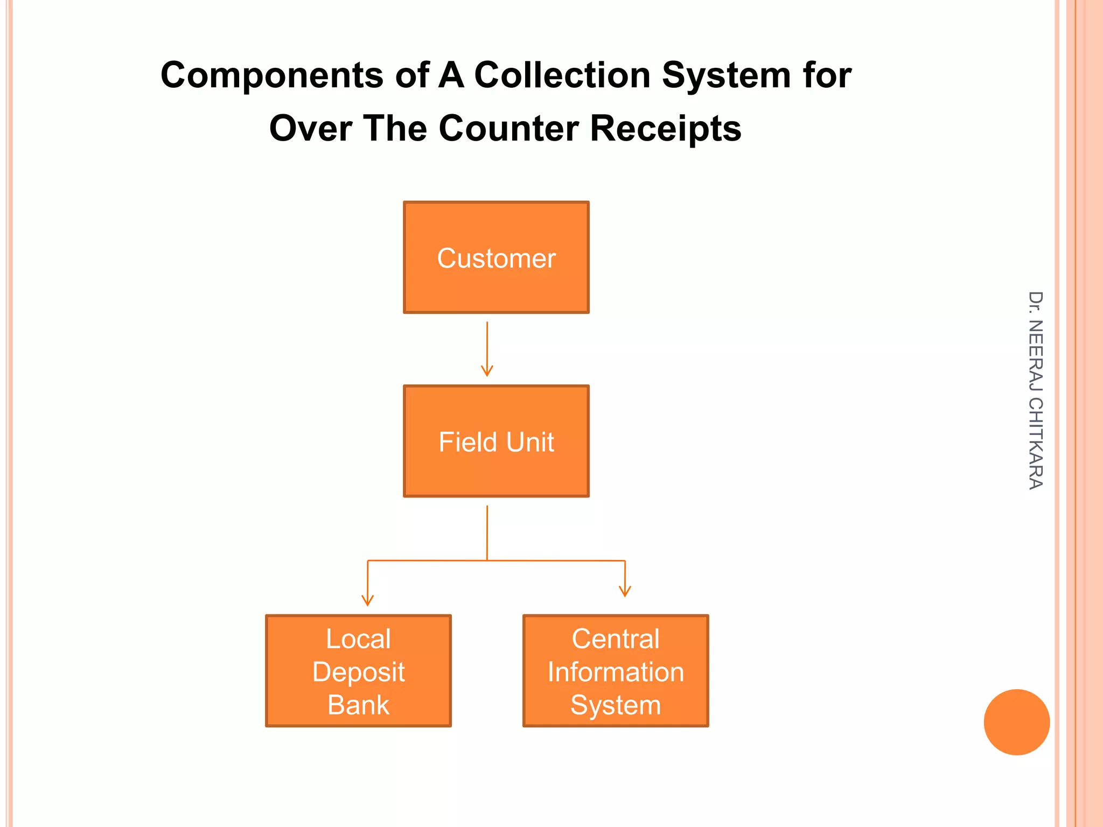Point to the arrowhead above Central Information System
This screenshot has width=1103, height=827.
click(x=625, y=591)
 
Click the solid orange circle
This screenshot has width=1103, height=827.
click(x=1016, y=722)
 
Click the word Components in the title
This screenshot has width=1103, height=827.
click(x=272, y=75)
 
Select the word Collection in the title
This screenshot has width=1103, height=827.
click(x=562, y=75)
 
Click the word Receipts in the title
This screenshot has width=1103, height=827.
click(x=666, y=129)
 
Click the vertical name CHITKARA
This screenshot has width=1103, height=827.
click(x=1035, y=443)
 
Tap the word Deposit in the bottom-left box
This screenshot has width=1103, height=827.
click(x=358, y=672)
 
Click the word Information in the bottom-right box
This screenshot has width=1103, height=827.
click(x=616, y=672)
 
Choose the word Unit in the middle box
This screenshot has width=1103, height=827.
click(x=530, y=442)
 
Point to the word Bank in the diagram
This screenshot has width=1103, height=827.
click(x=358, y=705)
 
